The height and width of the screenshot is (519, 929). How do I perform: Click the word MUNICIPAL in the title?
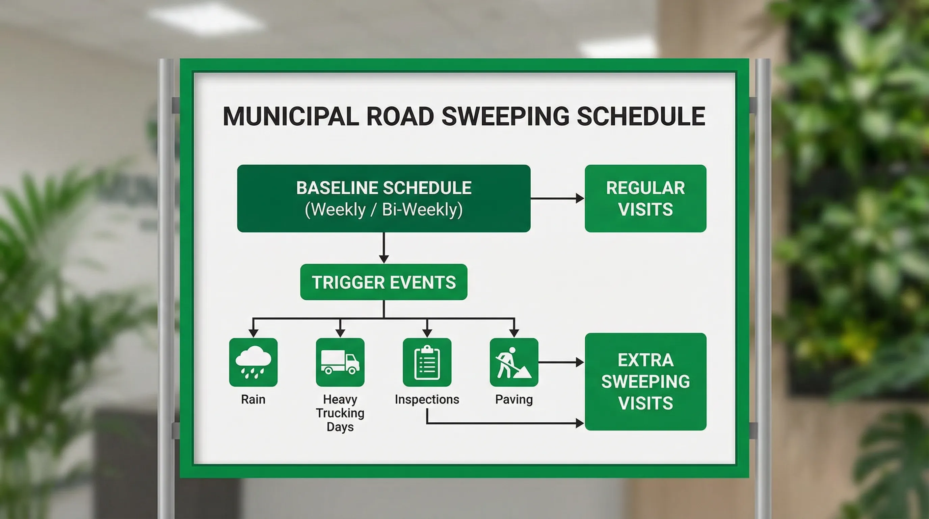291,117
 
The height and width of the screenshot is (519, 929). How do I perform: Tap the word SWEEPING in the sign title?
505,117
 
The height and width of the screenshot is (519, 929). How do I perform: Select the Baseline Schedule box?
383,198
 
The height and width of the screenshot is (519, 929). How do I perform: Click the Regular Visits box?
645,198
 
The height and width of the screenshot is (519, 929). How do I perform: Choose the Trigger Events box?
383,282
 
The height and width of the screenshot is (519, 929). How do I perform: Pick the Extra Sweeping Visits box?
645,381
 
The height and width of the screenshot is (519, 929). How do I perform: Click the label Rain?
253,399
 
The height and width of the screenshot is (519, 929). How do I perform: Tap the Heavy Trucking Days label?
340,413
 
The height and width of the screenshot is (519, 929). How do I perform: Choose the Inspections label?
427,399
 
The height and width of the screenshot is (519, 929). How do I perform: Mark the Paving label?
513,399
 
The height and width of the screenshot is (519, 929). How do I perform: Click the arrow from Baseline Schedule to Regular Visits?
557,198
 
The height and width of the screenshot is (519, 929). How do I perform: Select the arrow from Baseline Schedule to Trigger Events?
384,248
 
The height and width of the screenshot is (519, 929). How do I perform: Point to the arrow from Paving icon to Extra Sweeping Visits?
561,362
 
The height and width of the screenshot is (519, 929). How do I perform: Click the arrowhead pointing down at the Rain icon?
253,333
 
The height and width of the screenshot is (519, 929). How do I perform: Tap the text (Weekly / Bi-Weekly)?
383,209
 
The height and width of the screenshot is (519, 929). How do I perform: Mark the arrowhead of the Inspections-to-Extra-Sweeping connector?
580,423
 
